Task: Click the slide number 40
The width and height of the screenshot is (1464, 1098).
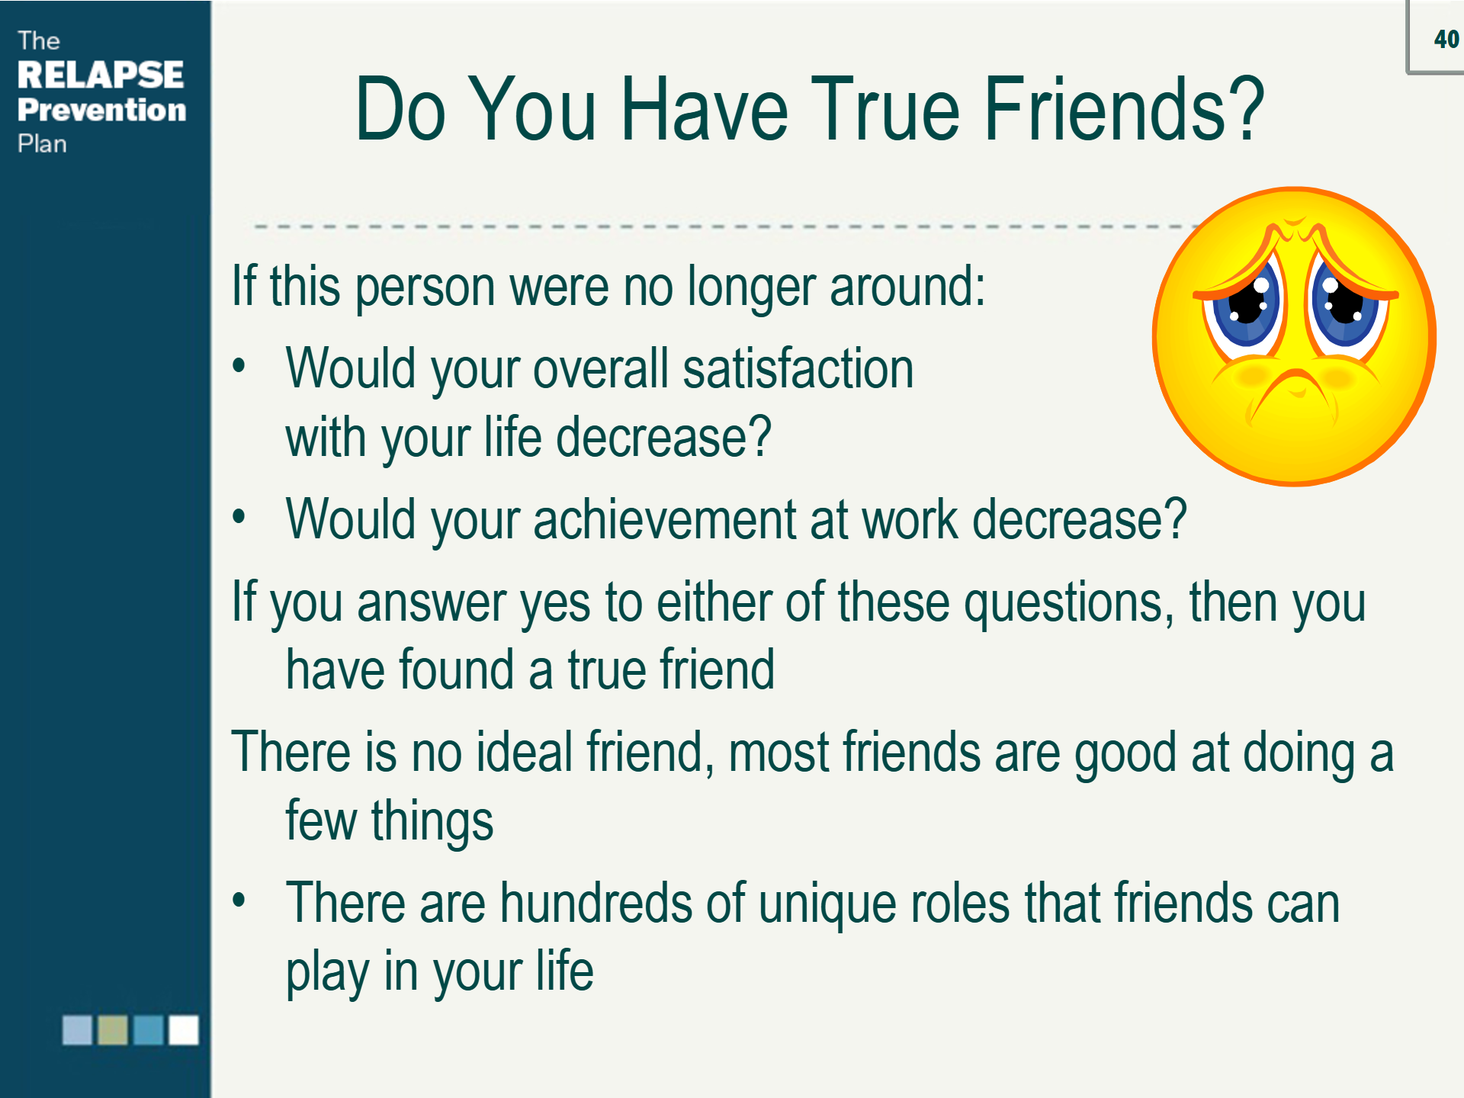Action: tap(1446, 39)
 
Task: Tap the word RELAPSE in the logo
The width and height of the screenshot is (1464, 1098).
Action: tap(101, 75)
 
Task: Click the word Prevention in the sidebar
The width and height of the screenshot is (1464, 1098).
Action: tap(101, 110)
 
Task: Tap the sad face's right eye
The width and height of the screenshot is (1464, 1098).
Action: tap(1345, 303)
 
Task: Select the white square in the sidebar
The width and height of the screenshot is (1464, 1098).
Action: tap(184, 1029)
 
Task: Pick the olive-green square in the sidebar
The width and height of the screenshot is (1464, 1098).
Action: tap(113, 1029)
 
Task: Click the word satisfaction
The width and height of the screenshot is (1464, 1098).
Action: tap(798, 368)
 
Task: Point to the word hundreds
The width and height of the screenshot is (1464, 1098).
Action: tap(596, 903)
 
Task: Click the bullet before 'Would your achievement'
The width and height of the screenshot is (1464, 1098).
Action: tap(239, 518)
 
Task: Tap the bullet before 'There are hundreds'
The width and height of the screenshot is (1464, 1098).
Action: tap(239, 901)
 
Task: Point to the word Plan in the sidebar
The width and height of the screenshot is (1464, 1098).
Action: tap(43, 143)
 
